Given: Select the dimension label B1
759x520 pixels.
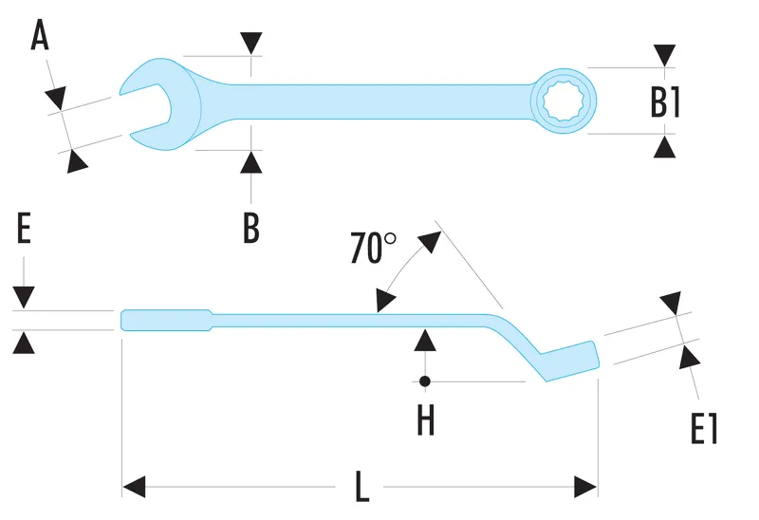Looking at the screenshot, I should pos(666,101).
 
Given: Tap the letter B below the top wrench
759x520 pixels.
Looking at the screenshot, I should pos(250,228).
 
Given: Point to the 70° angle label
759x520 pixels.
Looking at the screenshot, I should pos(373,248).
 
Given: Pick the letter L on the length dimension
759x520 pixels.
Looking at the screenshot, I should pos(361,488).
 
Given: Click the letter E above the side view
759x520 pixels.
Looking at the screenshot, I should pos(25,230).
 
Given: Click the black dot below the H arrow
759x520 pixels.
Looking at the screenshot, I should pos(426,381).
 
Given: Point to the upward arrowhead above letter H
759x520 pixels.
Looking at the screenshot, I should pos(426,340).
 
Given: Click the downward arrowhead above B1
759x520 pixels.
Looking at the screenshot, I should pos(666,54).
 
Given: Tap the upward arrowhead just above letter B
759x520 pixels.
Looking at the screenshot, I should pos(250,161).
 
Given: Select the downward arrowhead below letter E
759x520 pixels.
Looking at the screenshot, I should pos(25,297).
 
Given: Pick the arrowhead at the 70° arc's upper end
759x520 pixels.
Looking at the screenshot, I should pos(432,238).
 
